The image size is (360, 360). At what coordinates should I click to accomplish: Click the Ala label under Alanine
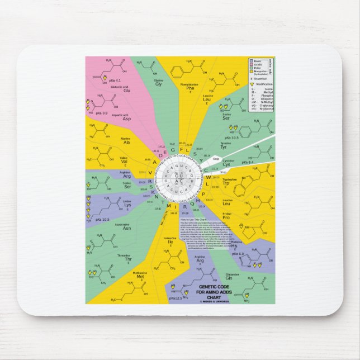(x=126, y=143)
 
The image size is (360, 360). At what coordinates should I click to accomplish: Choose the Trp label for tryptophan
(x=226, y=183)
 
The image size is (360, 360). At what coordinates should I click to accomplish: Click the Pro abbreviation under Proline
(x=226, y=217)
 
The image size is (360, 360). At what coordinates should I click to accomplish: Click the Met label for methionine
(x=140, y=277)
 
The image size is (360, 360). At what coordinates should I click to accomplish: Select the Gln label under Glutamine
(x=229, y=278)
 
